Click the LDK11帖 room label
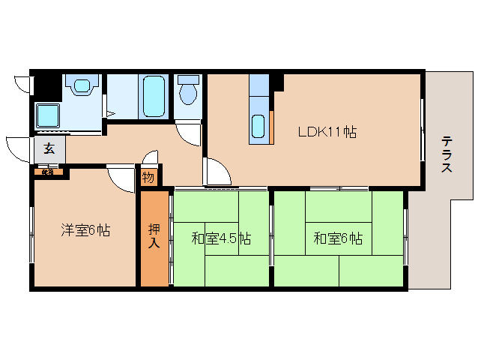click(x=327, y=132)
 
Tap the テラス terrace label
click(x=447, y=154)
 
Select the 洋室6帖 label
click(x=85, y=230)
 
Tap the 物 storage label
click(x=148, y=177)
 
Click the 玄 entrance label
click(x=49, y=148)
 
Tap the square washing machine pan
click(x=49, y=115)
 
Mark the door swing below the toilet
click(x=189, y=132)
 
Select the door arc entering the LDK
click(x=217, y=172)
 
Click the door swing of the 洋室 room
click(x=120, y=179)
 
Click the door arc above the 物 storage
click(x=150, y=158)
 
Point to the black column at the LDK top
click(x=277, y=80)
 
